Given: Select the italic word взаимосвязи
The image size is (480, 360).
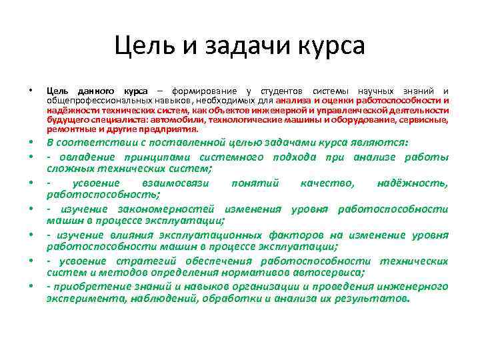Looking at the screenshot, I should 176,183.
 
